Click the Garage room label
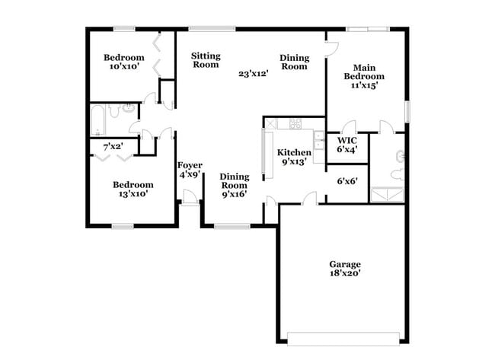tap(345, 264)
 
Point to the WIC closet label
tap(347, 141)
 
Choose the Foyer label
tap(189, 165)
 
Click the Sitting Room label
tap(205, 60)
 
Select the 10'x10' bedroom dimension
tap(123, 68)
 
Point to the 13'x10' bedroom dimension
tap(133, 194)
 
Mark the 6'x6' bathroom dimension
tap(347, 181)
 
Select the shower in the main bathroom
tap(388, 193)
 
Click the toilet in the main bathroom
tap(398, 157)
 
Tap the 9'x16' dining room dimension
tap(234, 194)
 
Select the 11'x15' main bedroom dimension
tap(363, 86)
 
